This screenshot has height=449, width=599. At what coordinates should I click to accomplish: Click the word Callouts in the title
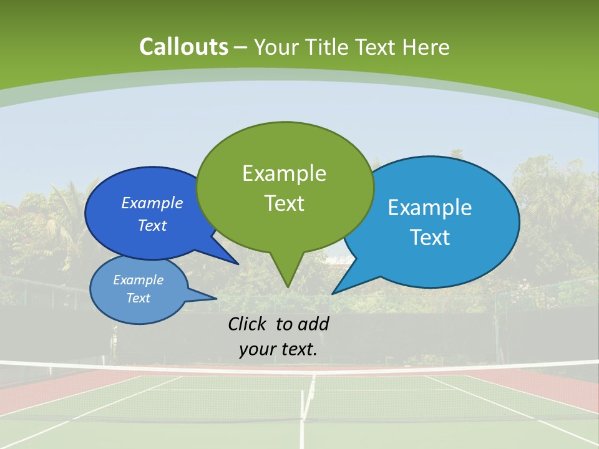tap(183, 47)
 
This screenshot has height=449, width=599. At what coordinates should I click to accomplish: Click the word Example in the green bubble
tap(285, 173)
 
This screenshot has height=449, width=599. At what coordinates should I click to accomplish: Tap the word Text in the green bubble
tap(285, 203)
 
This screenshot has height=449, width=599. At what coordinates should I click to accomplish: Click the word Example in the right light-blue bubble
tap(430, 208)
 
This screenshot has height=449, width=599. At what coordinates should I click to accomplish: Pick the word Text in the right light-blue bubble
tap(430, 238)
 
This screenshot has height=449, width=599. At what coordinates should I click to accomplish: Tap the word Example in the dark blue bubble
tap(152, 203)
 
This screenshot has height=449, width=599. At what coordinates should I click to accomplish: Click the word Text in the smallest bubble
tap(138, 298)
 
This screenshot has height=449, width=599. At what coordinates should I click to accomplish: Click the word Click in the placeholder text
tap(248, 324)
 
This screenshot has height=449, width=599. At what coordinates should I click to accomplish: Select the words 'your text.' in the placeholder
tap(278, 349)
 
